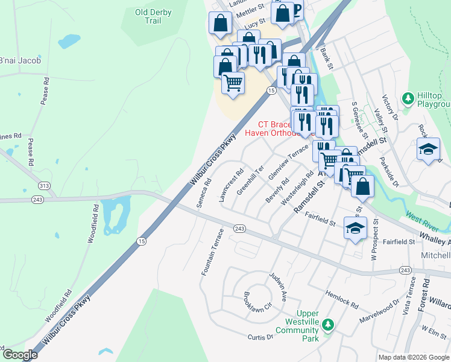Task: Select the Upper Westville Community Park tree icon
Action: pos(327,325)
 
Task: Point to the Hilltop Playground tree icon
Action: pos(409,97)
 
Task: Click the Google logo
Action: pos(19,355)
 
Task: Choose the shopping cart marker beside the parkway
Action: pos(233,83)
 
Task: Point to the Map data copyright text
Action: pos(413,357)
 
